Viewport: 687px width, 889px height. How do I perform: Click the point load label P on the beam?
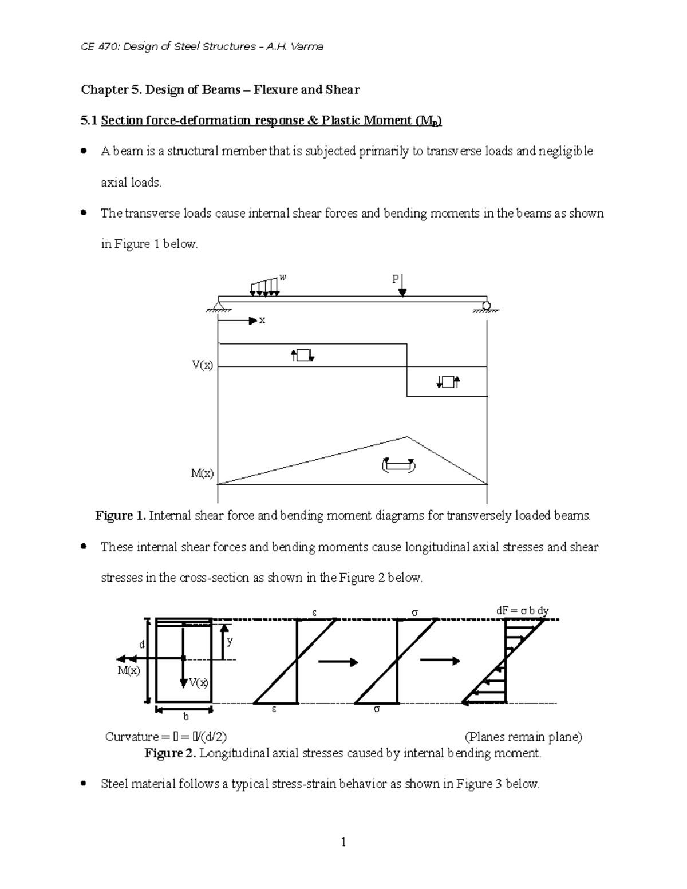pos(394,279)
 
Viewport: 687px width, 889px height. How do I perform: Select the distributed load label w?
pos(282,278)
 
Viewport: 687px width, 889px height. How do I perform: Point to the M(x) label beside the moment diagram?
pos(202,473)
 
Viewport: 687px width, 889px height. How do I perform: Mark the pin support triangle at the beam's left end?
pos(218,304)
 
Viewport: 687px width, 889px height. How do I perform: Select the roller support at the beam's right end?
pos(486,305)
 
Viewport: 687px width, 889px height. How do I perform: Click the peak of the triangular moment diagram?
pos(407,437)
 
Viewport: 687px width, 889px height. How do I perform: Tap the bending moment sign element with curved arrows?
pos(398,465)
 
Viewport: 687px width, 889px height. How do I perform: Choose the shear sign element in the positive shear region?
pos(302,355)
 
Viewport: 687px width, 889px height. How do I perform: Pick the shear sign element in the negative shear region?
pos(448,382)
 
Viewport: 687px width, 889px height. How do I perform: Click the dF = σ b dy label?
pos(522,611)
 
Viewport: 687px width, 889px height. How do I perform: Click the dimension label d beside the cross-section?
pos(142,645)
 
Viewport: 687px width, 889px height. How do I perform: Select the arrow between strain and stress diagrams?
pos(338,662)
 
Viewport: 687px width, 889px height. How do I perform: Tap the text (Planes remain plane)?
pos(523,737)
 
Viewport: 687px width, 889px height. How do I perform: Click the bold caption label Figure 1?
pos(120,516)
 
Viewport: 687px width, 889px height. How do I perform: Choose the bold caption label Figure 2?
pos(170,753)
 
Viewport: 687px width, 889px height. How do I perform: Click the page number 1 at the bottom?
pos(343,842)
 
